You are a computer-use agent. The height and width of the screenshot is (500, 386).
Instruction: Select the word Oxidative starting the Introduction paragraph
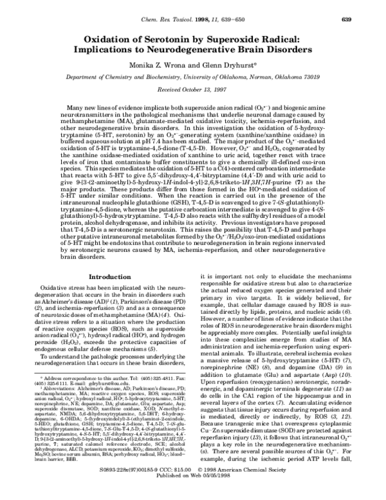(54, 287)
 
